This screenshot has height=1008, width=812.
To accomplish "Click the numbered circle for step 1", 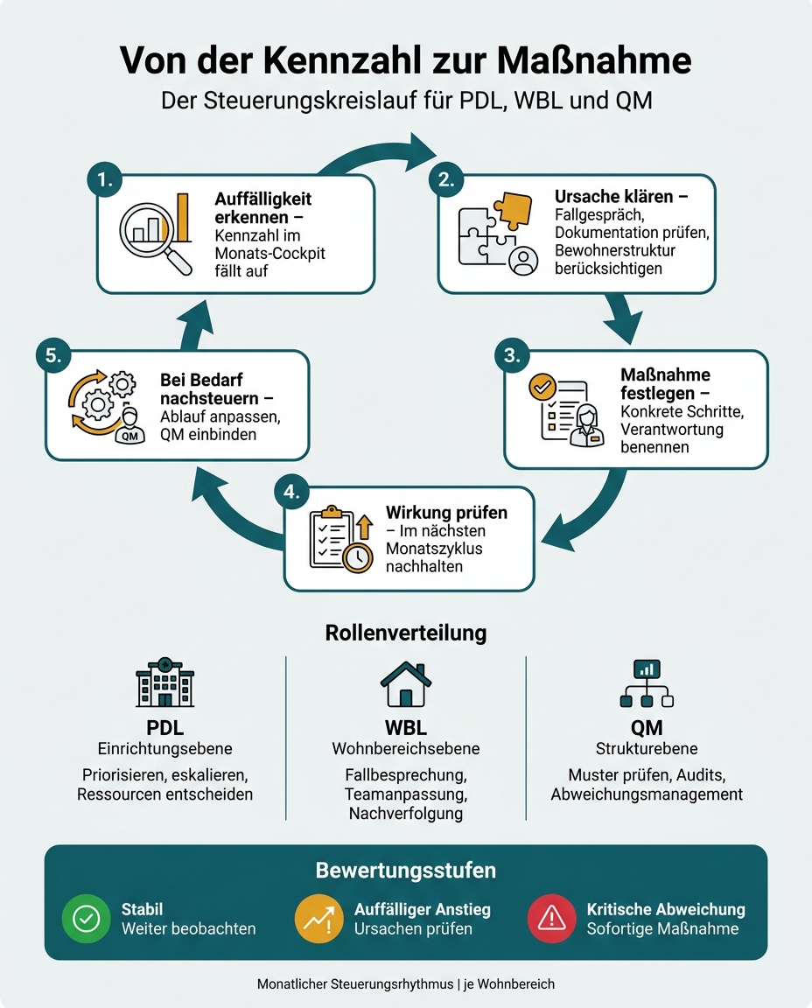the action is coord(105,179).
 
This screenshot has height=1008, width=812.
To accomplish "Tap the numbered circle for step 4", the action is coord(291,492).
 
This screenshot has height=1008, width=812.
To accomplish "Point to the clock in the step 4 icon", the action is coord(358,556).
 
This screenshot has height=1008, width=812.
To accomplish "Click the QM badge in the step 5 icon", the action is coord(129,436).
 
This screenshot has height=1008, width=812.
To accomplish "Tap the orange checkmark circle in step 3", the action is coord(542,387).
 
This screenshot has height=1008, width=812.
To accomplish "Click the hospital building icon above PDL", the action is coord(164,682).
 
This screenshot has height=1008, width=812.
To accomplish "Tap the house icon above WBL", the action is coord(406,684).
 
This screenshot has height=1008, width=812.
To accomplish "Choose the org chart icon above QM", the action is coord(647,683).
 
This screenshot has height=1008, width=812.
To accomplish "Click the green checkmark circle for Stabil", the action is coord(86,919).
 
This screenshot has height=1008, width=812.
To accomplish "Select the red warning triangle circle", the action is coord(551,919).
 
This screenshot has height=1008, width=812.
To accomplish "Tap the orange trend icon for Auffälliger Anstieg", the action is coord(318,919).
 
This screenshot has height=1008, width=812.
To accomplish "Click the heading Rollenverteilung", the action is coord(406,633).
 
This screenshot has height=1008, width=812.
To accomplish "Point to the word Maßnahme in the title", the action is coord(594,60).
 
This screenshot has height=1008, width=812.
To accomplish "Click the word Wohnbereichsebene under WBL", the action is coord(406,749).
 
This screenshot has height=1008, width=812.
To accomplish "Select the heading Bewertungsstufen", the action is coord(406,871).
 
